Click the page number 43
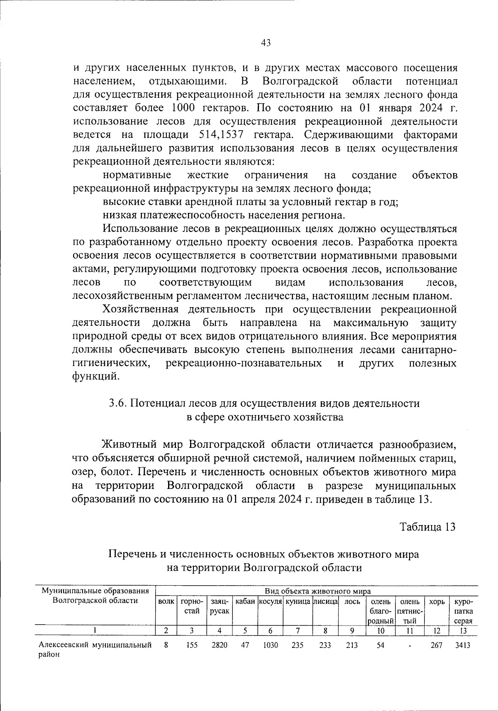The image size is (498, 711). (x=266, y=42)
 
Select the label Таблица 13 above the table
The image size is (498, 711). (x=427, y=527)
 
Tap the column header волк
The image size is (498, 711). (x=166, y=602)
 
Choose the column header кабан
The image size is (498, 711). (x=245, y=602)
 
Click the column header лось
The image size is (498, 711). (x=352, y=602)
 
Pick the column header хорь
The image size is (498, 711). (x=437, y=602)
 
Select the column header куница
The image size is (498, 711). (x=298, y=602)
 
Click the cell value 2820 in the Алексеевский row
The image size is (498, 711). (x=219, y=645)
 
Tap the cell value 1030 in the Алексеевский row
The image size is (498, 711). (x=271, y=645)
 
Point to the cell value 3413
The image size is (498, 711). (x=463, y=645)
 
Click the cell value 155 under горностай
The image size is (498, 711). (x=192, y=645)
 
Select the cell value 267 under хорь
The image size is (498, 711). (x=437, y=645)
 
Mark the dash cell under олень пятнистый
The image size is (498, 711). (x=409, y=646)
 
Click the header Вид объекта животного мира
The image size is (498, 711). (x=317, y=591)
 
